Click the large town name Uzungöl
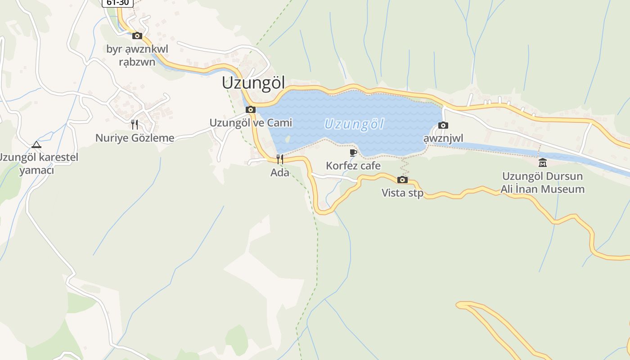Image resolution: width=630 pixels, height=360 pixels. [254, 83]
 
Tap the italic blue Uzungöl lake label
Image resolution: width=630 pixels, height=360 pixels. [354, 124]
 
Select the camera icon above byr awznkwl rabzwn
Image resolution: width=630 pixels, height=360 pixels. [137, 36]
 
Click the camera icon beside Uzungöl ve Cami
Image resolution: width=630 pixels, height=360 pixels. [251, 109]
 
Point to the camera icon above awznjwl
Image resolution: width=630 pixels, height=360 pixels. [443, 126]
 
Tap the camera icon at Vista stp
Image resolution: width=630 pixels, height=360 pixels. [402, 180]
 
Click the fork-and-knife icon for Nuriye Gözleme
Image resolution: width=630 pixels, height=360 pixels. [135, 125]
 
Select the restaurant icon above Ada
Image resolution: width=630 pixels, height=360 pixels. [279, 159]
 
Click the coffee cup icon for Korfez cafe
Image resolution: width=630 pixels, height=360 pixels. [353, 153]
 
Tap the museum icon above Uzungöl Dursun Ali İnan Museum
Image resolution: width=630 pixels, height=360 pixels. [543, 162]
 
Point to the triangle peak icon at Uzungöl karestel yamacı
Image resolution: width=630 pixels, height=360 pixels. [36, 144]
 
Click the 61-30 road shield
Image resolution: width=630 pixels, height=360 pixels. [117, 2]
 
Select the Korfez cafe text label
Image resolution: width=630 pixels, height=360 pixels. [353, 166]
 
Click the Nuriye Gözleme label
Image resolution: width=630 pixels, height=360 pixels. [135, 138]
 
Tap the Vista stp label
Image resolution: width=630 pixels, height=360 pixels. [402, 193]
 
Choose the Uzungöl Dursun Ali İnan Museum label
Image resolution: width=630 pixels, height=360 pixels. [543, 183]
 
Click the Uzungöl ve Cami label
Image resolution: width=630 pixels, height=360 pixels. [251, 123]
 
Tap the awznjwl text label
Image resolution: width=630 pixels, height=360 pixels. [443, 138]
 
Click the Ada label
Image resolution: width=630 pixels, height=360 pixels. [279, 172]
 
